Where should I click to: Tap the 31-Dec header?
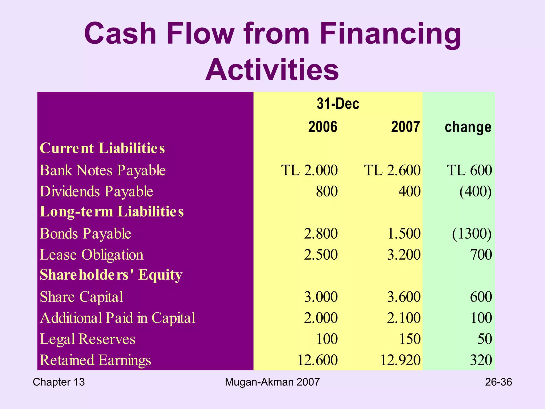coord(338,104)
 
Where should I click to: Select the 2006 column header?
coord(323,127)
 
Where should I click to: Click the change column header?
coord(468,127)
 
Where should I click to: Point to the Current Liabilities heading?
coord(102,148)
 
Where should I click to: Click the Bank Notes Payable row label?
coord(103,170)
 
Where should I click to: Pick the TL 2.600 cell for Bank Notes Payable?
coord(392,170)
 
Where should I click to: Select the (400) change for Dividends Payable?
coord(475,191)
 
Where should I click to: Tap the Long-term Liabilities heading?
coord(112,212)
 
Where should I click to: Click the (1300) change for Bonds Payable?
coord(472,234)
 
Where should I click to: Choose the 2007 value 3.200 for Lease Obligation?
coord(404,255)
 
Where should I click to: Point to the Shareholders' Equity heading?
coord(111,275)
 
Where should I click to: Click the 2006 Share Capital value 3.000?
coord(321,297)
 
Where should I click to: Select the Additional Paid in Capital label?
coord(118,318)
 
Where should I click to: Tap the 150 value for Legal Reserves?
coord(410,339)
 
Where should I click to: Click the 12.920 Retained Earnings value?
coord(401,360)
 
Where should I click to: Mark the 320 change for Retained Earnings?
coord(481,360)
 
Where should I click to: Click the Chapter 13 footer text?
coord(59,382)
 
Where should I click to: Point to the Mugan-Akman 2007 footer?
coord(272,382)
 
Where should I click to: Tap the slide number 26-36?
coord(498,382)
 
